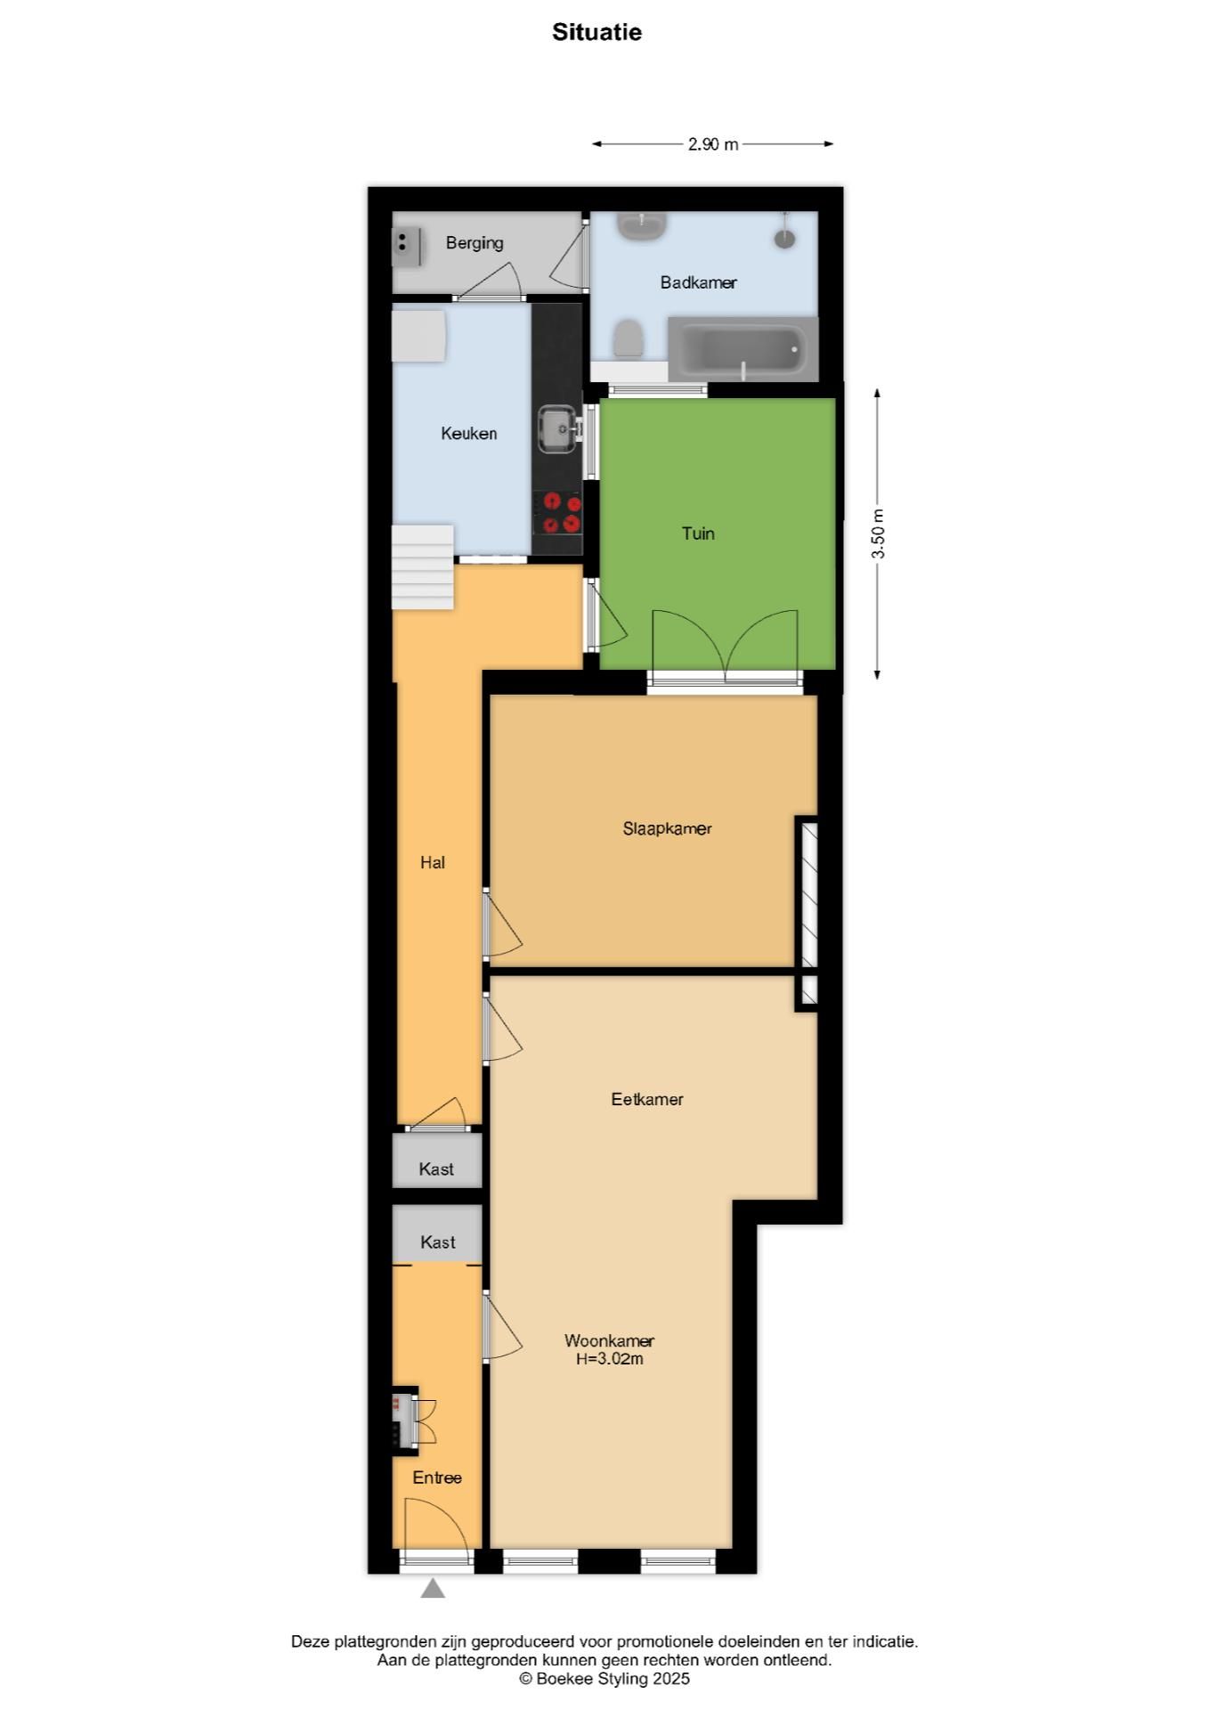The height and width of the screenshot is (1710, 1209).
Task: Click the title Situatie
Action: (x=596, y=32)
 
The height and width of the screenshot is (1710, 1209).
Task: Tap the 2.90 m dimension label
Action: (x=712, y=144)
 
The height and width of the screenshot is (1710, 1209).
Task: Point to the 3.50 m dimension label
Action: (x=879, y=533)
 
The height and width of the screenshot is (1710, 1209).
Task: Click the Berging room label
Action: (x=475, y=242)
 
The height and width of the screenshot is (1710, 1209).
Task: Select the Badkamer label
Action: (x=698, y=282)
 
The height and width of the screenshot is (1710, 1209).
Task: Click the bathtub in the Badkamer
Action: (x=743, y=349)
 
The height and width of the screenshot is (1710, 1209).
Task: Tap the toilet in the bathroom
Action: (x=629, y=338)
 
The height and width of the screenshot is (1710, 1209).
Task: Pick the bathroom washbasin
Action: (x=643, y=225)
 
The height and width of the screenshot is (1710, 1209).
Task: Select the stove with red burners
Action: (x=558, y=513)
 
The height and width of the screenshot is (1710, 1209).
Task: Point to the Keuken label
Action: (x=468, y=434)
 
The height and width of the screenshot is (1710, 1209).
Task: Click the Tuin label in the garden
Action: (x=698, y=533)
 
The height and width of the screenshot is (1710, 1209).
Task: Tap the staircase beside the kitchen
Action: (x=424, y=567)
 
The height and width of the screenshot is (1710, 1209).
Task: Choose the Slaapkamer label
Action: (x=667, y=828)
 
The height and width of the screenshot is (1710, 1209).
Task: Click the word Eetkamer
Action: (x=647, y=1099)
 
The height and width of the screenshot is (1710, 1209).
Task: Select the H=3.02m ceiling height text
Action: (x=610, y=1359)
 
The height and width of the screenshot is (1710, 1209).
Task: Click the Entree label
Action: (x=437, y=1478)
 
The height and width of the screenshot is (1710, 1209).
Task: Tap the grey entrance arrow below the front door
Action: (x=433, y=1588)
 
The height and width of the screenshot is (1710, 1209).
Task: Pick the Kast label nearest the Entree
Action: (x=437, y=1242)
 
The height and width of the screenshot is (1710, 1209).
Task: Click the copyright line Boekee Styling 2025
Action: (x=604, y=1679)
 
